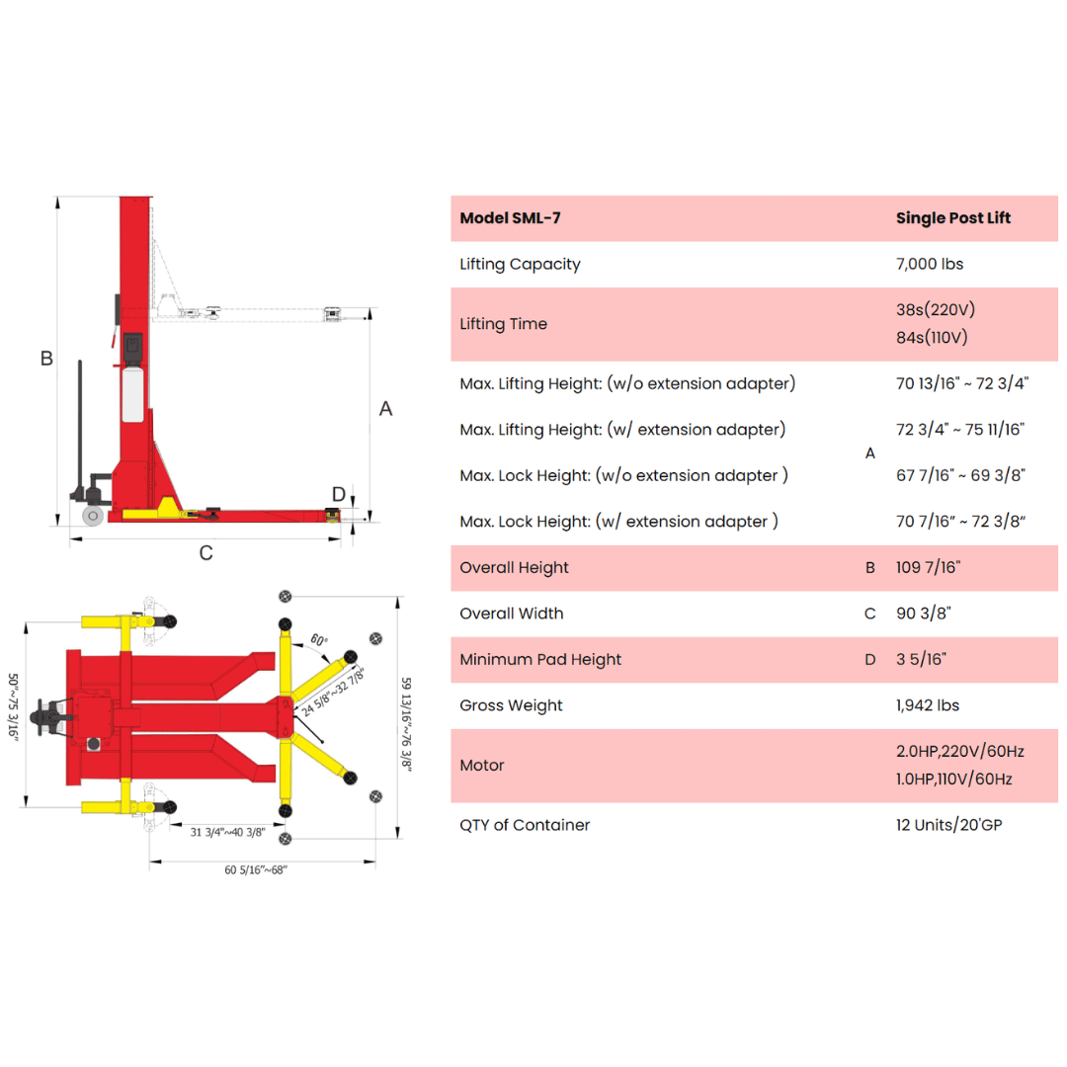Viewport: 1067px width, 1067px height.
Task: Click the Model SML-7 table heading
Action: point(510,217)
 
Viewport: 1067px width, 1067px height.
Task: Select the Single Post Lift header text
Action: point(952,217)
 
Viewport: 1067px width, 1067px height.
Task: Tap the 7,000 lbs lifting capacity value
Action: point(930,264)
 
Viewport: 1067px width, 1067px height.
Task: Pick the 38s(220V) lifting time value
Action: point(936,309)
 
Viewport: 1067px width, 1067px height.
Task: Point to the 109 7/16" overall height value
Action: point(928,567)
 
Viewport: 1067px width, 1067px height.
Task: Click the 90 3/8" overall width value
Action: point(924,614)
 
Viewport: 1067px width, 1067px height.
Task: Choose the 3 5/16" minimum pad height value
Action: point(922,659)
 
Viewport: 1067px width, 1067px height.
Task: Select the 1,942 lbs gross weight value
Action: point(928,705)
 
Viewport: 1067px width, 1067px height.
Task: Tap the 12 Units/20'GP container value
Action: point(948,825)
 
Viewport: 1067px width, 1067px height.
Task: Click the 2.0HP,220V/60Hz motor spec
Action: point(960,751)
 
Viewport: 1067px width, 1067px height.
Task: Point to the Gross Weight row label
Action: point(511,705)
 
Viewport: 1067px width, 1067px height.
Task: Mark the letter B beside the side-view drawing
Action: point(46,358)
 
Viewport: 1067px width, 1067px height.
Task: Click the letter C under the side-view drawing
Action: point(206,552)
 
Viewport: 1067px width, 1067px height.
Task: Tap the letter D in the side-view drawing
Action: point(339,494)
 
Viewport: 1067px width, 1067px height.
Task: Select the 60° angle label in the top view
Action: point(319,639)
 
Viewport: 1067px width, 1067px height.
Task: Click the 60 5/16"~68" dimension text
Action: point(256,869)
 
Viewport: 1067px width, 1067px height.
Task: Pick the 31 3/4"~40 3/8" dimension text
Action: point(227,832)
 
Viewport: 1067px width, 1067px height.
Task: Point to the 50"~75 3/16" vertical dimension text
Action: point(13,706)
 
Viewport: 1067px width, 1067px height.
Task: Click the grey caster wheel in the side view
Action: point(93,516)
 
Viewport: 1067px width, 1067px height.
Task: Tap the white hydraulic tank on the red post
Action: point(132,394)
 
